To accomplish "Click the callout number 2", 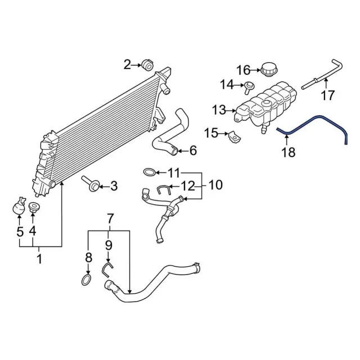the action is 127,65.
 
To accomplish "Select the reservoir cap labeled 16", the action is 269,69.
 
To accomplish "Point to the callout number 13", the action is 219,110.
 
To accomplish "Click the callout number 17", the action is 327,95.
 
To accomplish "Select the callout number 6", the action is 193,151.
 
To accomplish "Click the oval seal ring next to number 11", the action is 149,172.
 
